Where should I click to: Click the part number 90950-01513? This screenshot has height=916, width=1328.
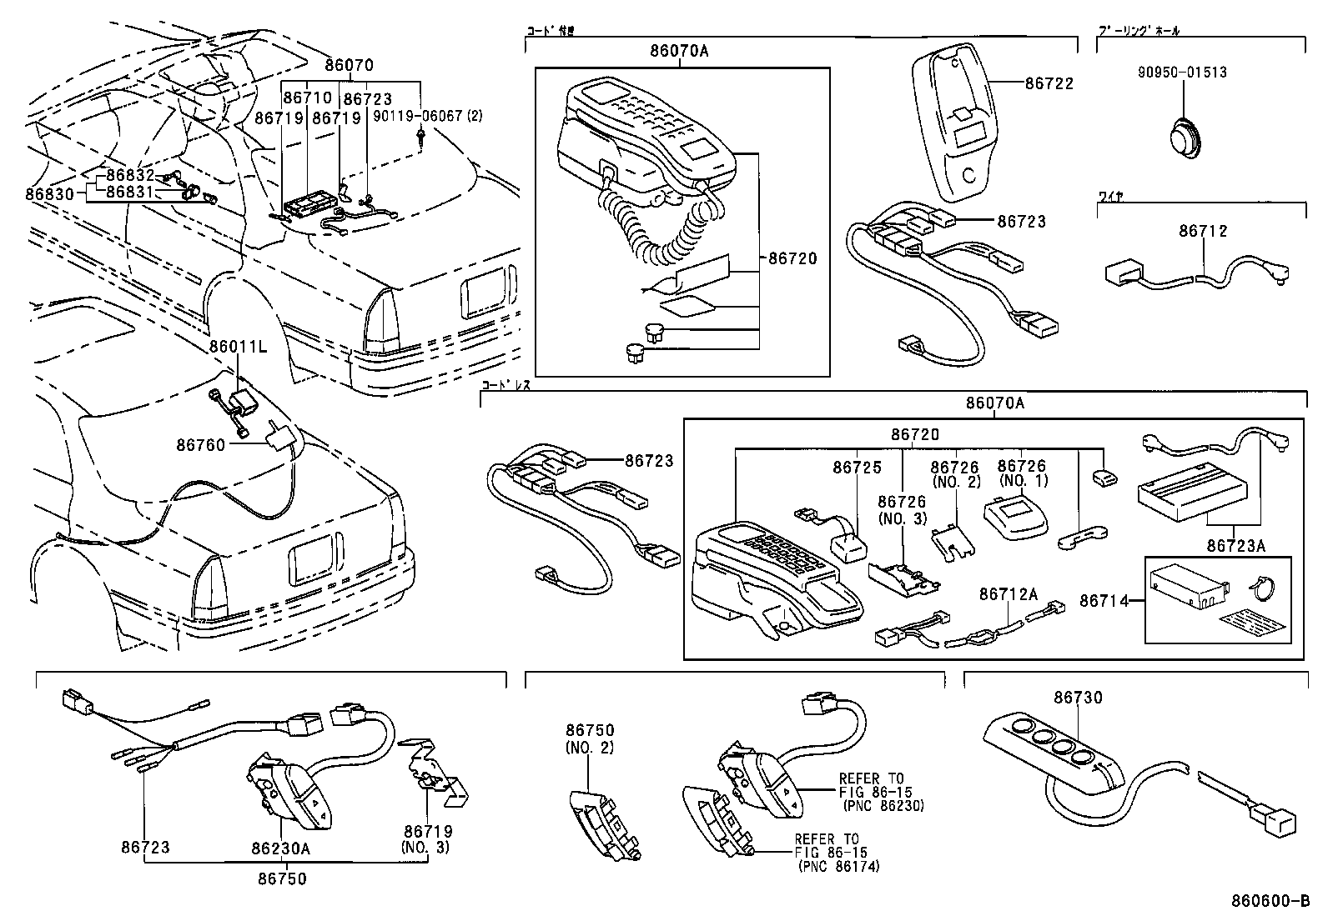click(x=1182, y=73)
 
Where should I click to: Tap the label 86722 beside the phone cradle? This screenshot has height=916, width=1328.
click(x=1049, y=83)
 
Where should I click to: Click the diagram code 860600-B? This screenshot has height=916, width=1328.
click(x=1270, y=902)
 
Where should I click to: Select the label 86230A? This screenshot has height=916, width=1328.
click(x=281, y=848)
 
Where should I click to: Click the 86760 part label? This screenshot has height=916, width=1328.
click(x=200, y=445)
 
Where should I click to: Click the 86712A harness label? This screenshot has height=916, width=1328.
click(x=1008, y=593)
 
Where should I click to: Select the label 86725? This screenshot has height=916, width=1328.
click(x=857, y=468)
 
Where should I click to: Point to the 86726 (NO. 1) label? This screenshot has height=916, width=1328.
click(x=1022, y=473)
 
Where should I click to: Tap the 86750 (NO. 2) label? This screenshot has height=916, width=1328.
click(x=590, y=738)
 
